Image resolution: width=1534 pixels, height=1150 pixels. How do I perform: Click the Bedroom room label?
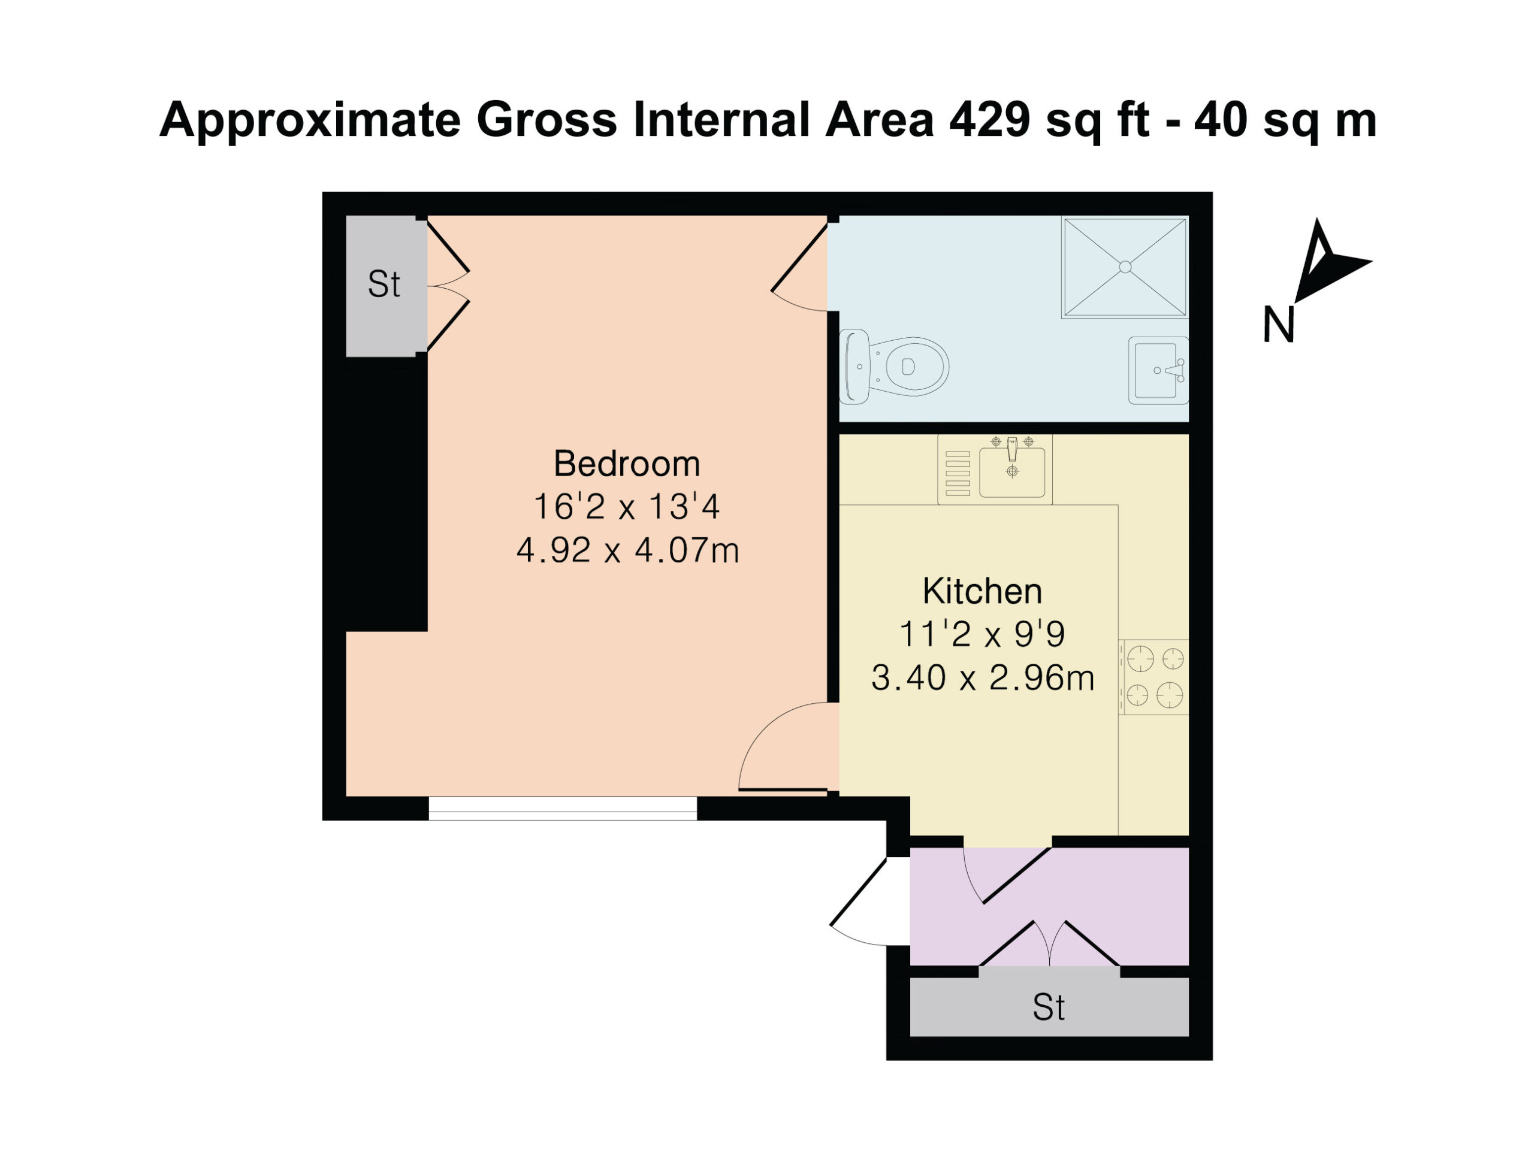click(x=626, y=464)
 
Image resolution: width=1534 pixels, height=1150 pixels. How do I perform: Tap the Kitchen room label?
click(x=982, y=591)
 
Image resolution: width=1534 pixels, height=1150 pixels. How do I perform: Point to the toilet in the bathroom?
click(x=894, y=366)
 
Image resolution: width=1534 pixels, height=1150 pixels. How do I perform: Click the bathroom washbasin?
click(x=1158, y=370)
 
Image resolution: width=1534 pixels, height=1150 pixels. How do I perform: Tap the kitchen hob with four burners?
click(x=1154, y=677)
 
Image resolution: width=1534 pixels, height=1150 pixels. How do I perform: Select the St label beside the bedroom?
click(x=384, y=285)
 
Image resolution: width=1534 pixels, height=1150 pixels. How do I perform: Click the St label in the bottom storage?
click(x=1048, y=1007)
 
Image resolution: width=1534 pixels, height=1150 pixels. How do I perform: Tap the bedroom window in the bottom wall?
click(x=563, y=808)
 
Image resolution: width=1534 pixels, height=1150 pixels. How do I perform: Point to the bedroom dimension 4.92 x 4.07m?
click(x=627, y=551)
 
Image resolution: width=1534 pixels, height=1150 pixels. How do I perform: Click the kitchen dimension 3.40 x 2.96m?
click(x=983, y=678)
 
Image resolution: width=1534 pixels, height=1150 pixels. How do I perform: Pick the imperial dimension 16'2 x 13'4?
click(x=626, y=507)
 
